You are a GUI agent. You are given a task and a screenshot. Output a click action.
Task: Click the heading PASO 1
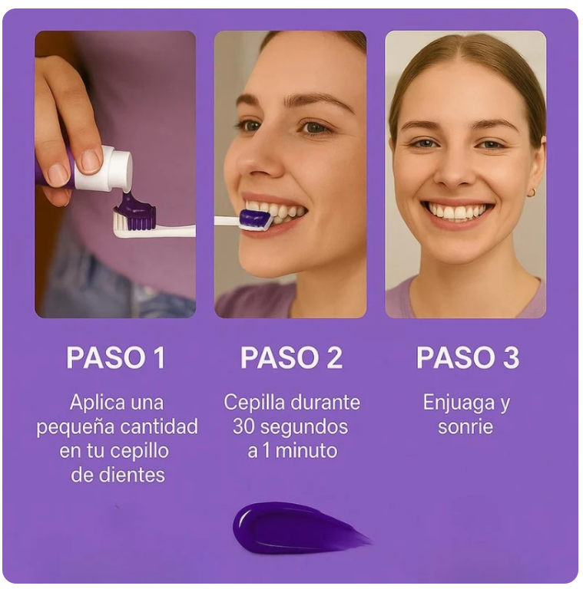[115, 358]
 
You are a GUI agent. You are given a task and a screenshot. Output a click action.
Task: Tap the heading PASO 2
[291, 358]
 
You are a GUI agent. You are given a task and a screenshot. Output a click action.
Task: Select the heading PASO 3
[467, 358]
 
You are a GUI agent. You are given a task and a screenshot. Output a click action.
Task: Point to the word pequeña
[73, 426]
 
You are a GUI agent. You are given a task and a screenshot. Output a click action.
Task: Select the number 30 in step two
[243, 426]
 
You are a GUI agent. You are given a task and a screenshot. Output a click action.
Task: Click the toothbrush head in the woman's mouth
[254, 220]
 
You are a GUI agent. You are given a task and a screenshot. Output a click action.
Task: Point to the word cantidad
[162, 426]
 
